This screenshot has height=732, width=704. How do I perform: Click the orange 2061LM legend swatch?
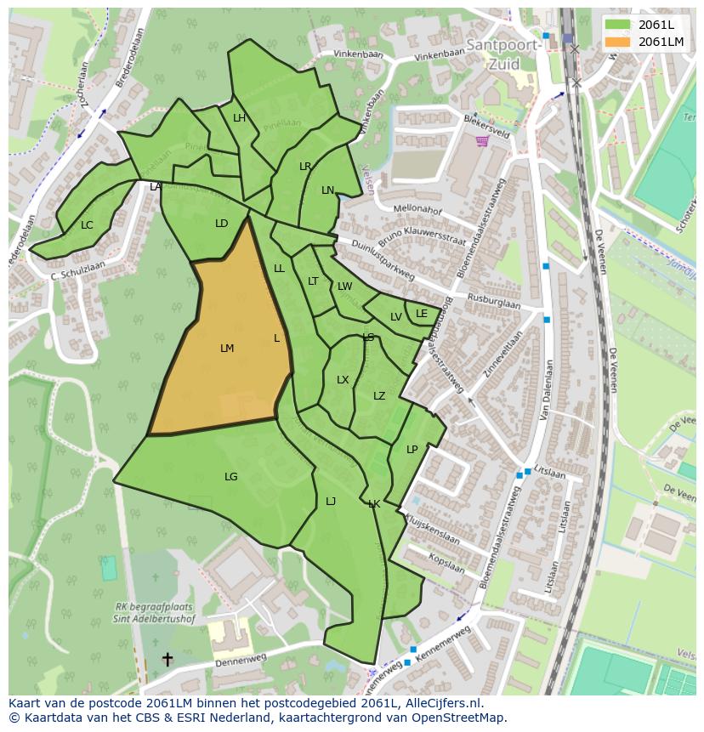[618, 42]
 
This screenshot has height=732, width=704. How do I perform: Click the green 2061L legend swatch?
[618, 25]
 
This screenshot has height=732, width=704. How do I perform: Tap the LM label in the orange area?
[227, 349]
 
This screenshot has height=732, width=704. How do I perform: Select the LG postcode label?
[231, 477]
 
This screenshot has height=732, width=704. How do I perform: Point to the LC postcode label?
[87, 225]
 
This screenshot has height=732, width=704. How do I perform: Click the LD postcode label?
[222, 224]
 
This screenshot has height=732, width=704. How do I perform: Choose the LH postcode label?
[239, 118]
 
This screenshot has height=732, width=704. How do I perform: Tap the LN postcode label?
[327, 190]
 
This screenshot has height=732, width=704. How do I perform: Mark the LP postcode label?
[412, 450]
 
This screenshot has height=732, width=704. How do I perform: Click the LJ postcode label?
[331, 502]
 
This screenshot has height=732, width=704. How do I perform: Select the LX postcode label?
[343, 380]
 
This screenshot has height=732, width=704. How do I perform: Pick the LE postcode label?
[422, 314]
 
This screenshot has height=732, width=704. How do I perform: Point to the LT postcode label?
[313, 281]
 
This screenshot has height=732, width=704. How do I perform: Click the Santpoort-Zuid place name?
[502, 54]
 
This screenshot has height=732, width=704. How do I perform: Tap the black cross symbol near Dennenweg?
[167, 659]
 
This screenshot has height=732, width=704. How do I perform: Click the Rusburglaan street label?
[493, 302]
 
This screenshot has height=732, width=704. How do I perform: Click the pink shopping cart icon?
[482, 141]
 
